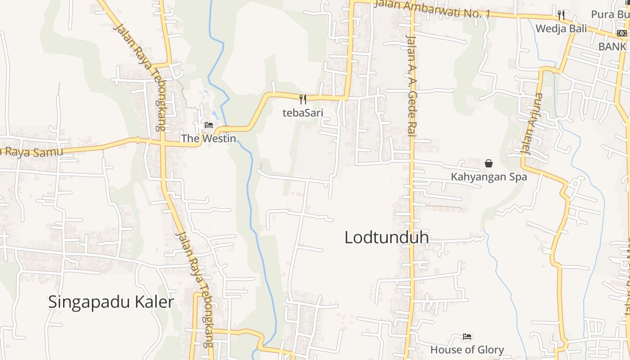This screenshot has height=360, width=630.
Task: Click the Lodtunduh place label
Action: (x=386, y=238)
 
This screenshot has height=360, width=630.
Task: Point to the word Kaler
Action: (x=154, y=302)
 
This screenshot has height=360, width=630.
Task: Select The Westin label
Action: (x=208, y=138)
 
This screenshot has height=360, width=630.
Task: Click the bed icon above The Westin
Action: (x=209, y=125)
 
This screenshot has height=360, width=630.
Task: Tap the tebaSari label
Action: (x=303, y=112)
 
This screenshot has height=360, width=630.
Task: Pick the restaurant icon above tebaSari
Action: (x=303, y=99)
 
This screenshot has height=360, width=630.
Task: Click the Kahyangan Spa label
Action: (x=489, y=177)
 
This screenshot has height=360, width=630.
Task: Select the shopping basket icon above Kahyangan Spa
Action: (x=489, y=163)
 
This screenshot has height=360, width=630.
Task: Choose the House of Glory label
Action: (x=467, y=350)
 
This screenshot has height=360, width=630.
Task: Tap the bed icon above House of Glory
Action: (x=467, y=337)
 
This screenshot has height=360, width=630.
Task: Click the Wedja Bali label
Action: (x=561, y=28)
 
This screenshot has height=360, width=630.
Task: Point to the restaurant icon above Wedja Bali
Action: (x=561, y=15)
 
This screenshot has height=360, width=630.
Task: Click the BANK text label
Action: (x=612, y=46)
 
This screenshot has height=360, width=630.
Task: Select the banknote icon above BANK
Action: (x=621, y=33)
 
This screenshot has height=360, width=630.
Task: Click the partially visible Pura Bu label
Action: (x=609, y=14)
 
